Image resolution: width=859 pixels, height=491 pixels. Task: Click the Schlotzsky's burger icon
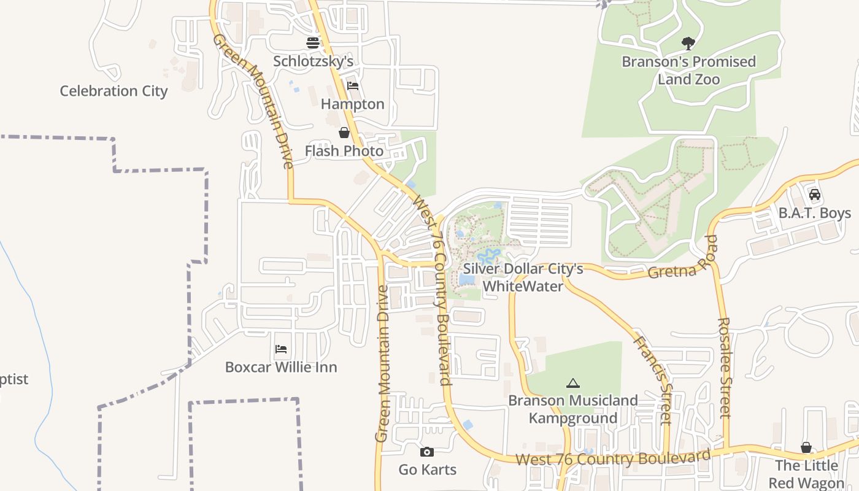(x=313, y=43)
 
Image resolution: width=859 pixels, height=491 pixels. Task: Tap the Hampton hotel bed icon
(x=352, y=86)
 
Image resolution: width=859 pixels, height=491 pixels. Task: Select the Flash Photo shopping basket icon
(x=344, y=133)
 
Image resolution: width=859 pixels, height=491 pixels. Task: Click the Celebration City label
(x=114, y=91)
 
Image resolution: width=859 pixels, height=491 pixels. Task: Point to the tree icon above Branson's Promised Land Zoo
(x=688, y=43)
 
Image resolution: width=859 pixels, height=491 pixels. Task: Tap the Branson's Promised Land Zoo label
(x=688, y=70)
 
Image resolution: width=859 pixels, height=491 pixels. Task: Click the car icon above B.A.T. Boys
(x=815, y=195)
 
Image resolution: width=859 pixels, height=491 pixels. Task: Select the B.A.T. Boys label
(x=815, y=213)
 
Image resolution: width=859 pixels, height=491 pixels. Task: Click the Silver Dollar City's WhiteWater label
(x=523, y=277)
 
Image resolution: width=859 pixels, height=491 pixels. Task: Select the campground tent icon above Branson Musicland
(x=573, y=384)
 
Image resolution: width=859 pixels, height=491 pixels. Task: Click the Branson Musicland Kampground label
(x=573, y=409)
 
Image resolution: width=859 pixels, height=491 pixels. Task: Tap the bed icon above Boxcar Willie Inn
(x=281, y=349)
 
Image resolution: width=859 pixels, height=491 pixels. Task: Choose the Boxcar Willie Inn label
(x=281, y=367)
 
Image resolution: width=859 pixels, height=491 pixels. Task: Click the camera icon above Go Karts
(x=427, y=452)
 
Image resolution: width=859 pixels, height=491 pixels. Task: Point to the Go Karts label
(x=428, y=470)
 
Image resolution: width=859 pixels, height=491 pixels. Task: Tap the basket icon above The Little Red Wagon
(x=806, y=448)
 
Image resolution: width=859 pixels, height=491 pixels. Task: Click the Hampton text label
(x=353, y=104)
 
